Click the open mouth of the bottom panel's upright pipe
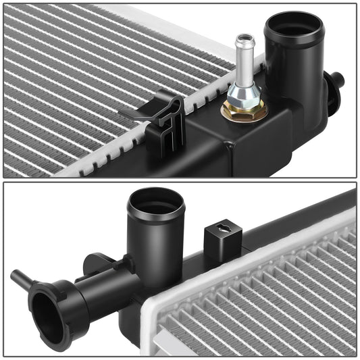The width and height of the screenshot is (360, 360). (155, 203)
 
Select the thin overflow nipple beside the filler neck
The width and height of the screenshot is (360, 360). (20, 276)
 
